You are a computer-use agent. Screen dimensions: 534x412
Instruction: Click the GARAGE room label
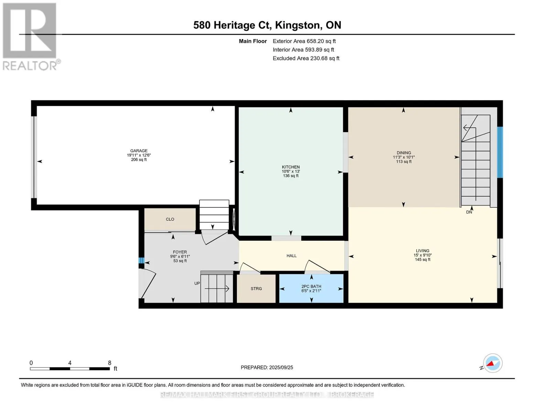pos(139,151)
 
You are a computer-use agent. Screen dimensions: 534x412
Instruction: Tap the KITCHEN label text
pos(291,167)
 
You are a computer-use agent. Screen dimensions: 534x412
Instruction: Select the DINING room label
pos(404,153)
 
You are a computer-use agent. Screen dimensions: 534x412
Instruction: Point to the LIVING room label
pos(423,251)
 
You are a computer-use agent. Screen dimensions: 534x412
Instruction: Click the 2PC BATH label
pos(311,286)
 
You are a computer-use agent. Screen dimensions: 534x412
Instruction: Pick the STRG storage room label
pos(256,289)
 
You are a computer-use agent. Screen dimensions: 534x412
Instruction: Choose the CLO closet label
pos(170,219)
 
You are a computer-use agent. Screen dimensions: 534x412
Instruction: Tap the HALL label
pos(292,256)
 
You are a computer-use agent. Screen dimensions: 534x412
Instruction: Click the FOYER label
pos(180,252)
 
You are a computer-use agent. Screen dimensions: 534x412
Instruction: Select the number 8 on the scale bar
pos(110,363)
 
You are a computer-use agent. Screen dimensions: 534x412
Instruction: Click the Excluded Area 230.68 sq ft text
pos(306,58)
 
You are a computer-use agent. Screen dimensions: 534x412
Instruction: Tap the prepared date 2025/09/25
pos(281,367)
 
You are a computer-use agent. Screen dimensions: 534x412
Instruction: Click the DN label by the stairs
pos(469,212)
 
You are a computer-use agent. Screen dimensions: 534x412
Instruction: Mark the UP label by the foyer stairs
pos(197,283)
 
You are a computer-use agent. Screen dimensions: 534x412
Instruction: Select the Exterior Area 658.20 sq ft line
pos(304,41)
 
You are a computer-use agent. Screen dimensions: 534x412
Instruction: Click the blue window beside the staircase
pos(500,152)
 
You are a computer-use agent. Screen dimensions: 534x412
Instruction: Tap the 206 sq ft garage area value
pos(139,160)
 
